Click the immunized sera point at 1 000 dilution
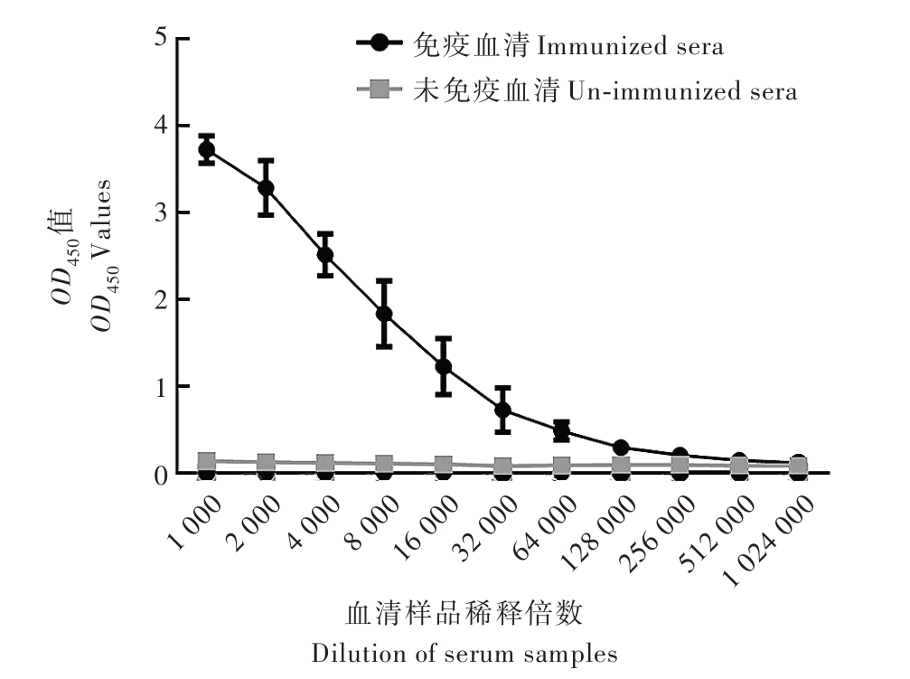pos(207,149)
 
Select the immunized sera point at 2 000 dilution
pos(266,188)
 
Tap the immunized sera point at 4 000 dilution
pos(325,254)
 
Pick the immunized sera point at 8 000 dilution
pos(384,314)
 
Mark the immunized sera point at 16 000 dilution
pos(443,366)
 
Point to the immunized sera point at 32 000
pos(502,410)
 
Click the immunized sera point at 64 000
pos(561,430)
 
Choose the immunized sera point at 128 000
pos(621,448)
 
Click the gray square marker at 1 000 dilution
pos(207,461)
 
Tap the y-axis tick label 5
pos(161,39)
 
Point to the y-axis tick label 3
pos(161,212)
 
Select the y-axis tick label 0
pos(161,474)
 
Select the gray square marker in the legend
pos(380,89)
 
